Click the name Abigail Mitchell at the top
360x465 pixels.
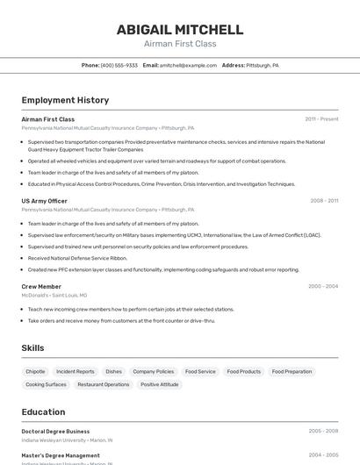pyautogui.click(x=180, y=30)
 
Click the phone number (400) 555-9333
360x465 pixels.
pyautogui.click(x=119, y=65)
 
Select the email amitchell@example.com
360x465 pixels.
pyautogui.click(x=188, y=65)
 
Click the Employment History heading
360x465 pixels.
pyautogui.click(x=65, y=100)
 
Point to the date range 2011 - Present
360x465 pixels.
pyautogui.click(x=321, y=119)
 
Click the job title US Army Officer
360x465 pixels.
pyautogui.click(x=44, y=201)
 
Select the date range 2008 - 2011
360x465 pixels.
pyautogui.click(x=324, y=201)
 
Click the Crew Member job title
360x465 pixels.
pyautogui.click(x=41, y=286)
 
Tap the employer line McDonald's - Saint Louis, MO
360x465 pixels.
pyautogui.click(x=54, y=296)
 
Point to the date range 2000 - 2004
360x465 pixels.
pyautogui.click(x=323, y=286)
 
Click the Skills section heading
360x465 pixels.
pyautogui.click(x=32, y=348)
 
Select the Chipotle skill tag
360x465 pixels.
pyautogui.click(x=35, y=371)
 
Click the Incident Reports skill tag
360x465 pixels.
pyautogui.click(x=76, y=371)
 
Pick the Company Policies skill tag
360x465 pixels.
pyautogui.click(x=154, y=371)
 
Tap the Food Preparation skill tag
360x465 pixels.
pyautogui.click(x=292, y=371)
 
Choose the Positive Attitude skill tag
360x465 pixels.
pyautogui.click(x=159, y=384)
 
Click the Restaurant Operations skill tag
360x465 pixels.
pyautogui.click(x=103, y=384)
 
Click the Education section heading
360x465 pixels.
pyautogui.click(x=43, y=411)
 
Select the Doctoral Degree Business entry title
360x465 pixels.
pyautogui.click(x=55, y=432)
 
